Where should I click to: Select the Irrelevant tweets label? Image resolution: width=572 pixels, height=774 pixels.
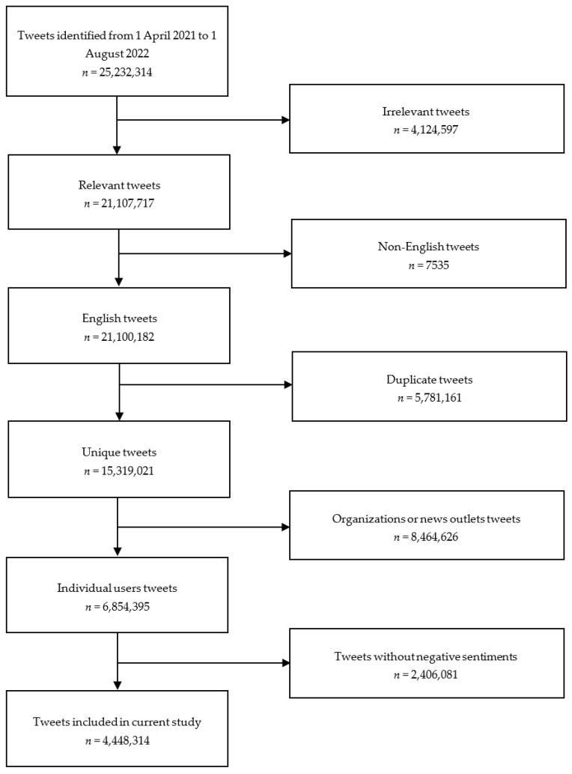[x=426, y=112]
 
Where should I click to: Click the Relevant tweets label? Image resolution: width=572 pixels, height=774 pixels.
[x=117, y=185]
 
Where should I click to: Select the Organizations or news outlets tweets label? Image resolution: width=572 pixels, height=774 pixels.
[x=427, y=518]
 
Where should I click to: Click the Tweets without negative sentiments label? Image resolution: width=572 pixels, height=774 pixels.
[x=427, y=656]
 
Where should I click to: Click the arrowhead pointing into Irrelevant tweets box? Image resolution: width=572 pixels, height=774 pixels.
[x=285, y=119]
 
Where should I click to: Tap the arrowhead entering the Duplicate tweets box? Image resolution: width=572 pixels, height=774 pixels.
[x=287, y=386]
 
